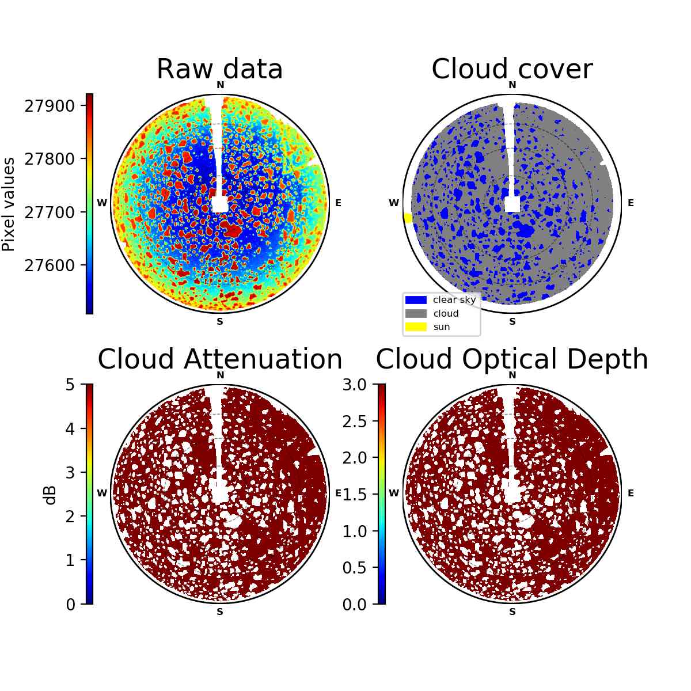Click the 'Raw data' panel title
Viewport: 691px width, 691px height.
click(219, 69)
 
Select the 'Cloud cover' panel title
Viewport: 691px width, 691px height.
click(512, 69)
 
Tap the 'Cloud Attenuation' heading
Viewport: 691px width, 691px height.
click(220, 359)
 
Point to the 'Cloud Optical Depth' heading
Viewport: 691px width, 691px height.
click(512, 360)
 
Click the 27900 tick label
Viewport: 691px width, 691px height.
click(50, 106)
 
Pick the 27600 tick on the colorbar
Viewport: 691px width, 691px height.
click(50, 265)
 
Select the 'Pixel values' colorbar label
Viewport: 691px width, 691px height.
click(9, 204)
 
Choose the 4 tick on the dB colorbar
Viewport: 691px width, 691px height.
click(70, 428)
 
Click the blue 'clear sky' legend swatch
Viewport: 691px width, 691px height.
click(416, 300)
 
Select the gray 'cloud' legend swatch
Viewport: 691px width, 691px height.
click(416, 313)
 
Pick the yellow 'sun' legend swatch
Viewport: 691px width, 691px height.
click(416, 326)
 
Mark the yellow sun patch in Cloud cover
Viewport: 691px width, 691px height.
click(408, 218)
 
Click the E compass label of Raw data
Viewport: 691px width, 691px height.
click(338, 203)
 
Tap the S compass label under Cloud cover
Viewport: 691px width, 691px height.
click(512, 322)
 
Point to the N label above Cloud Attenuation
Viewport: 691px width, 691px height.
click(220, 375)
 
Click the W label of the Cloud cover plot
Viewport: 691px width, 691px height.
click(394, 203)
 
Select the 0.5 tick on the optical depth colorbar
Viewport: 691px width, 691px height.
click(354, 568)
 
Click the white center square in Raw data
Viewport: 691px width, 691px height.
click(220, 204)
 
